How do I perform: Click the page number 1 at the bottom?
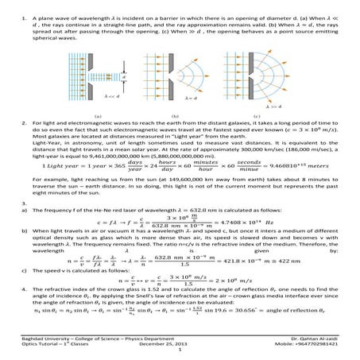click(x=180, y=352)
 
